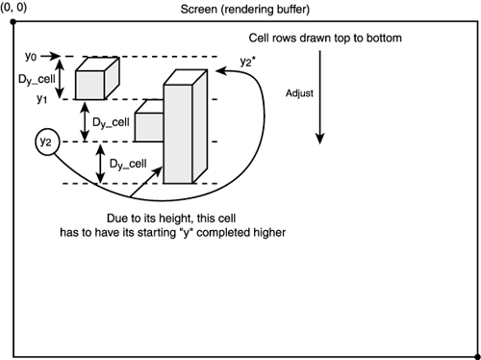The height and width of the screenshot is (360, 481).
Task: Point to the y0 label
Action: (x=32, y=56)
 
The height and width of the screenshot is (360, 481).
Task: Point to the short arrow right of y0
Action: (x=53, y=56)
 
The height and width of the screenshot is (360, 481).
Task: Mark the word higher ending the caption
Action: (x=265, y=231)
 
